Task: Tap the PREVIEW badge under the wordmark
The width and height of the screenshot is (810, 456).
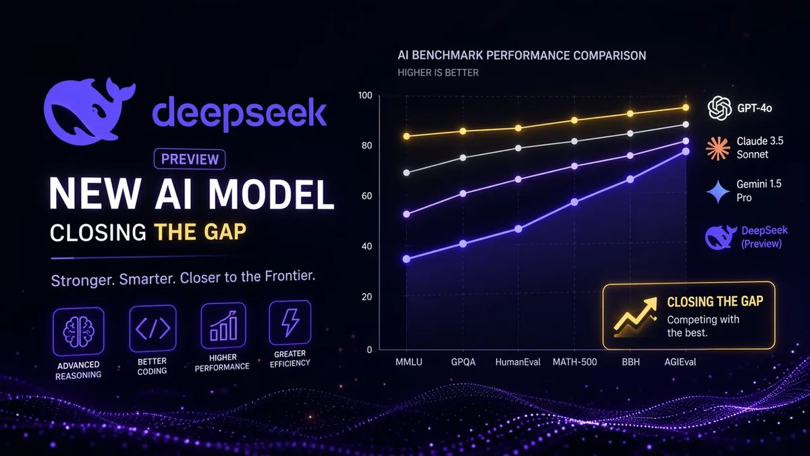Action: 190,159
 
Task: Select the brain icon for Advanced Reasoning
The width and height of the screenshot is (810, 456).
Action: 78,332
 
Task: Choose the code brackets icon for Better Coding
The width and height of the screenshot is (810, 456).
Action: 152,328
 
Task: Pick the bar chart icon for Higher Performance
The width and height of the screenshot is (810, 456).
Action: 223,326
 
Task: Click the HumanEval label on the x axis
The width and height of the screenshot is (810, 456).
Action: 518,362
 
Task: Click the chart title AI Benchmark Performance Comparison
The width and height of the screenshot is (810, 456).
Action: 521,55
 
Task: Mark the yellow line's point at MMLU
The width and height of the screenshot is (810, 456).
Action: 406,136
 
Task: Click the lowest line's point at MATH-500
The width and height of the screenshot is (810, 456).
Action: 574,202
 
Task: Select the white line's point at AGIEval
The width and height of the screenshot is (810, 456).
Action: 686,125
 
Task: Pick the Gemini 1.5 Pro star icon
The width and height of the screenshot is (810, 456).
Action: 718,192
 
